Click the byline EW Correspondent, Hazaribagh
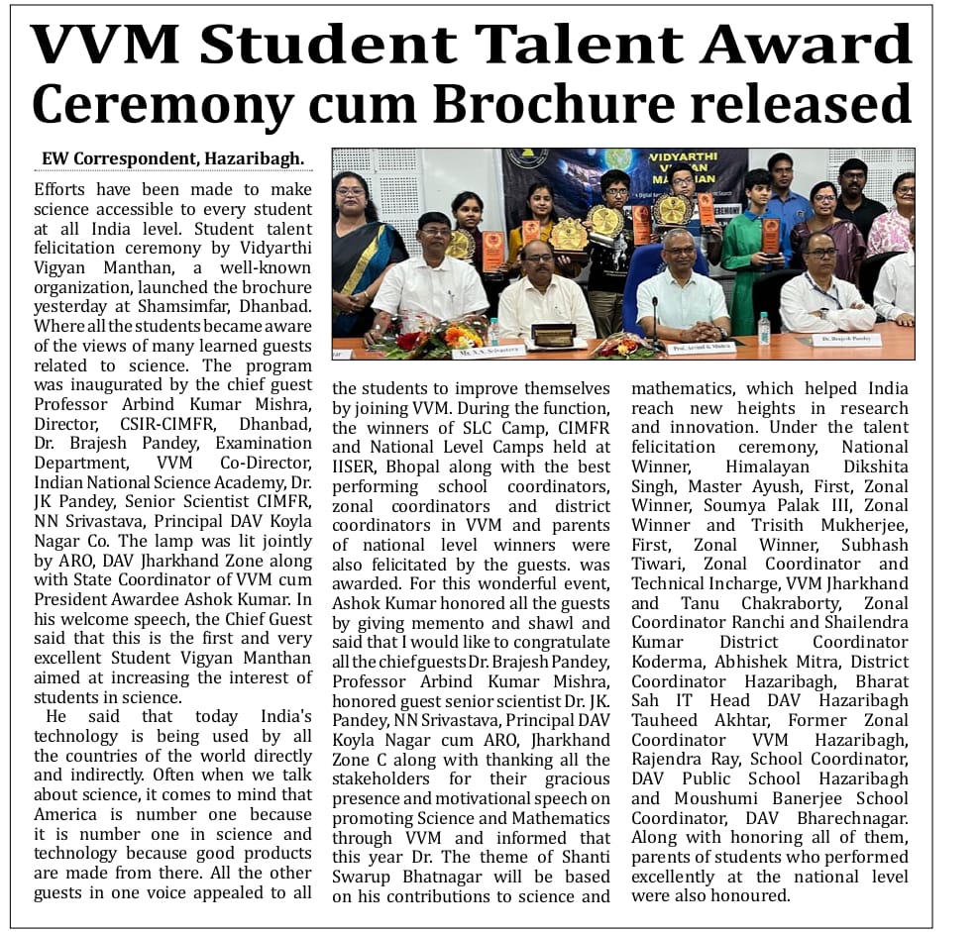(x=172, y=158)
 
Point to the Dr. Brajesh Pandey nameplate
(x=845, y=340)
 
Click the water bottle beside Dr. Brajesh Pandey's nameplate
(x=763, y=328)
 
